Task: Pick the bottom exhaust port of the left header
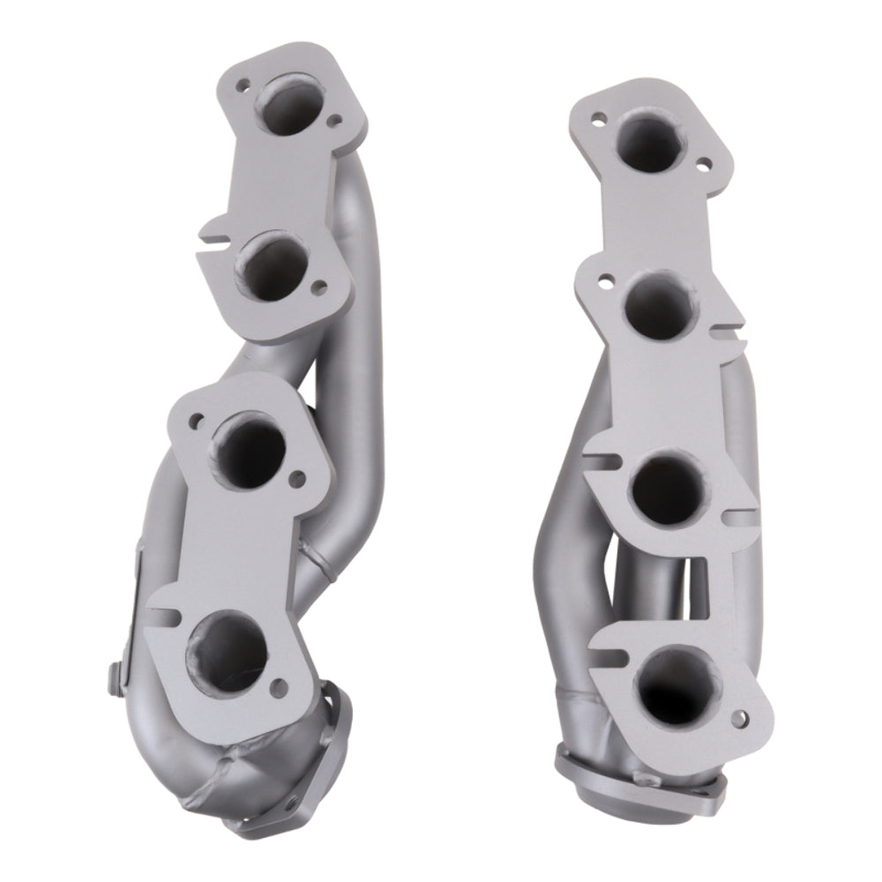[224, 649]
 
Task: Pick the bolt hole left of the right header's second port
[607, 281]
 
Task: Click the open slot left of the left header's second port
[208, 235]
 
